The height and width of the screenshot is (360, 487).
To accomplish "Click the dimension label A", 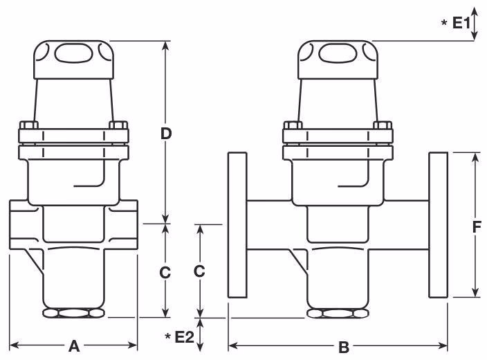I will point(74,346).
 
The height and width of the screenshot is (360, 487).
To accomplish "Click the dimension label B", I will point(343,347).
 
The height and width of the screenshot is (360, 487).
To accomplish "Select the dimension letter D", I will point(166,134).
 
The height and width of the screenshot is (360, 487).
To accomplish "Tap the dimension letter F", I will point(477,226).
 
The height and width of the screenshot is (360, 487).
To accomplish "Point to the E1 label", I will point(461,24).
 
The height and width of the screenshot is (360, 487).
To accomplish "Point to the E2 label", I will point(184,337).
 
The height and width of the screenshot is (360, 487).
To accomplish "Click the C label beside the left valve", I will point(165,273).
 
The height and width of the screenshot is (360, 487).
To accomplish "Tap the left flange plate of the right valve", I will point(237,225).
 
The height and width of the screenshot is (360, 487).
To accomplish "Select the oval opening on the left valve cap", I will point(72,54).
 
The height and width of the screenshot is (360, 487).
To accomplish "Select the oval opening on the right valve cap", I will point(338,54).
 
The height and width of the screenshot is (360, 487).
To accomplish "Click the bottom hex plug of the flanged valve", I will point(338,314).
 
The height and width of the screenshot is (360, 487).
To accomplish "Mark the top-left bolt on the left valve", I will point(29,127).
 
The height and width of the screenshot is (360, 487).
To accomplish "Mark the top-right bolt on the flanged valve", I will point(382,127).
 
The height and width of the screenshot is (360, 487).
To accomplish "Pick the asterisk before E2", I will point(167,337).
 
